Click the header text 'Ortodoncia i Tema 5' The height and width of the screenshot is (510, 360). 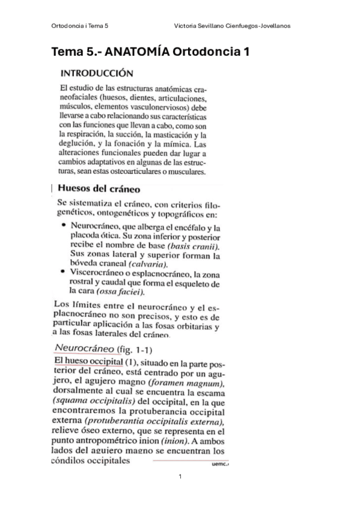(84, 26)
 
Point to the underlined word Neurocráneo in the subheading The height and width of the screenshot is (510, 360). (82, 348)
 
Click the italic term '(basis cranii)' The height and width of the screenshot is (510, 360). (194, 247)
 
